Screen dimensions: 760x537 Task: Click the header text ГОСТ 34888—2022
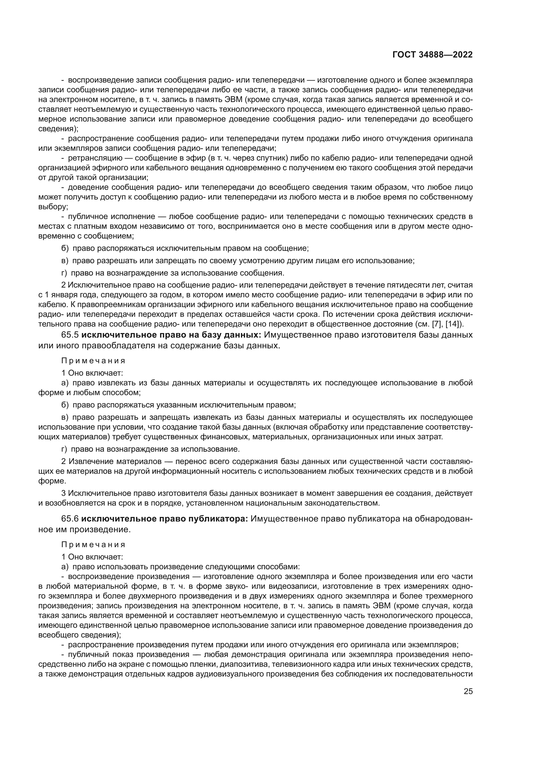click(x=432, y=55)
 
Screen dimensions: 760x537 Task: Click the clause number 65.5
click(x=70, y=335)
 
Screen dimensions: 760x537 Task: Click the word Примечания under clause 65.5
click(x=93, y=360)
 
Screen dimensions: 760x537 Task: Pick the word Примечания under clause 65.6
click(x=93, y=544)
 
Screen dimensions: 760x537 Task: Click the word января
click(x=61, y=295)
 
